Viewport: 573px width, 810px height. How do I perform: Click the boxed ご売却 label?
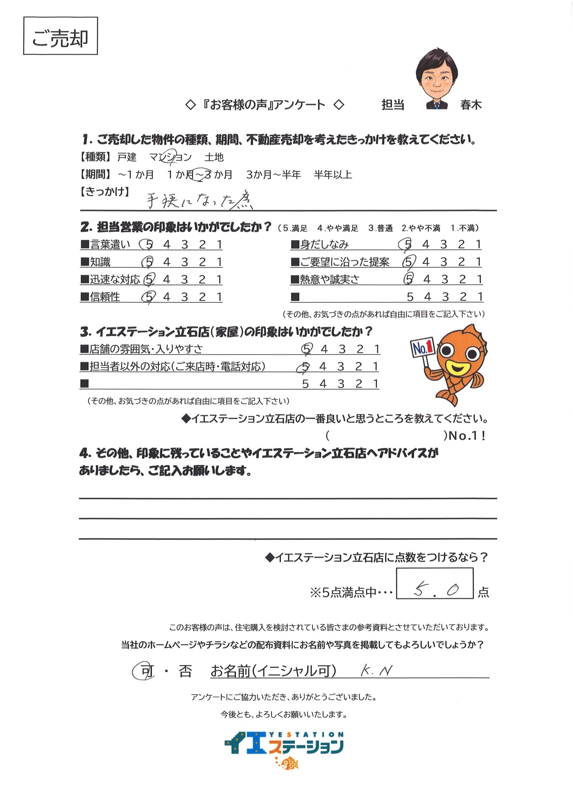(x=60, y=36)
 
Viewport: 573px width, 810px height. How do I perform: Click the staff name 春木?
(x=471, y=105)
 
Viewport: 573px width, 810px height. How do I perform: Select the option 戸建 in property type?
(x=127, y=157)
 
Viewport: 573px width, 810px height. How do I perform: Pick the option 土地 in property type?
(x=214, y=157)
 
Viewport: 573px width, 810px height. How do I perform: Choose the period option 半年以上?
(x=333, y=175)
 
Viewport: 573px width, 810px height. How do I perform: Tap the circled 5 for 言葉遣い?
(x=148, y=244)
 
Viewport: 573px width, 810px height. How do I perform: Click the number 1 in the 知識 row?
(x=219, y=262)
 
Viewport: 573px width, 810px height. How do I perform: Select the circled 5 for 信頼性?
(x=148, y=297)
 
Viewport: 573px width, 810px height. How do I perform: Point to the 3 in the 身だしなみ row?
(x=444, y=244)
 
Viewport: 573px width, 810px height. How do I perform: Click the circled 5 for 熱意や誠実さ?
(x=408, y=279)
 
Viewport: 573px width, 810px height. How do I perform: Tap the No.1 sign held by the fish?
(x=423, y=347)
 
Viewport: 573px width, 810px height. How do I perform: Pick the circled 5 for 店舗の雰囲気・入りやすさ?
(x=306, y=349)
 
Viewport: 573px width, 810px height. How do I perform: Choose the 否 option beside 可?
(x=185, y=671)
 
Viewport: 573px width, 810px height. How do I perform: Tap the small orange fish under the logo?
(x=289, y=771)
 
